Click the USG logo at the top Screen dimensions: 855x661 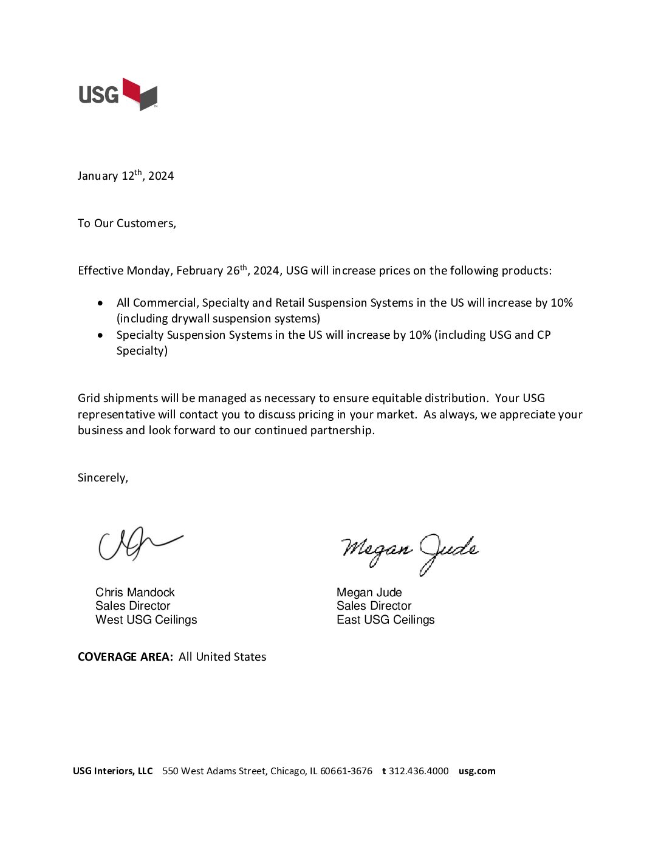(118, 94)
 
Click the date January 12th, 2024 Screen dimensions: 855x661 (125, 176)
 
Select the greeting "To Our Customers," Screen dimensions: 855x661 (127, 223)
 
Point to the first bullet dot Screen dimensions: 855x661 (100, 303)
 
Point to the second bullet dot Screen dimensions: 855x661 (100, 335)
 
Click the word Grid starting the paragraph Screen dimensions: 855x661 (89, 398)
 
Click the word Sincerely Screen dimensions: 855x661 (102, 478)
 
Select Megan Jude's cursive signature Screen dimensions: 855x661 (409, 551)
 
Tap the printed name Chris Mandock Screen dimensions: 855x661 (135, 592)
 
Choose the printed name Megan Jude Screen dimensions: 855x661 (369, 592)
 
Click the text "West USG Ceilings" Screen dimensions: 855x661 (146, 620)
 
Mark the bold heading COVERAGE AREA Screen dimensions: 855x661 (125, 657)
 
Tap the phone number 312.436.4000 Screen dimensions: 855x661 (419, 771)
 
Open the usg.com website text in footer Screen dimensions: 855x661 (477, 771)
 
